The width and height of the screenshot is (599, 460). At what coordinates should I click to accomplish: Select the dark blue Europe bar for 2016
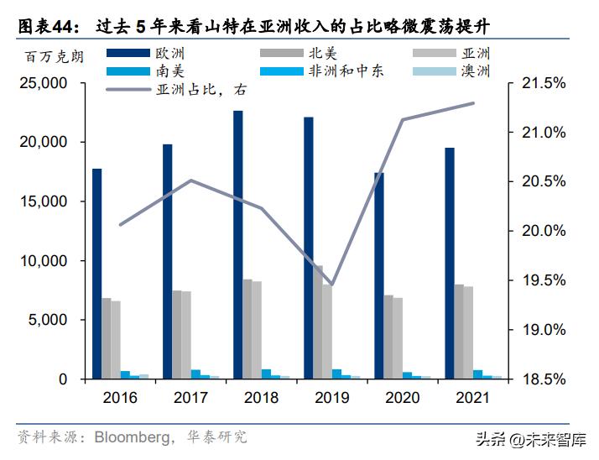click(x=97, y=273)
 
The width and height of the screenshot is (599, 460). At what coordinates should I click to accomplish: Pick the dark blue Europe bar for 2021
click(x=450, y=263)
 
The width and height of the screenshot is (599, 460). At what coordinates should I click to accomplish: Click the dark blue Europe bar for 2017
click(x=168, y=261)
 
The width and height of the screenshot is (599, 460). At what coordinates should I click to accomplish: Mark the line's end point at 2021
click(x=474, y=103)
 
